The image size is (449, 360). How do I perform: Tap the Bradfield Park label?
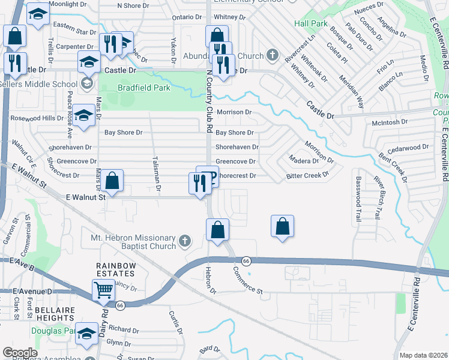pyautogui.click(x=144, y=88)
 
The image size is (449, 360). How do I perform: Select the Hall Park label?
pyautogui.click(x=311, y=23)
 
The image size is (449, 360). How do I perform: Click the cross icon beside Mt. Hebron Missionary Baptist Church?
pyautogui.click(x=185, y=241)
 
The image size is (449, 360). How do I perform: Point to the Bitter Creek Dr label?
pyautogui.click(x=308, y=175)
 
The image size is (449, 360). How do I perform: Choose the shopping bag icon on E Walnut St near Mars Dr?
pyautogui.click(x=112, y=179)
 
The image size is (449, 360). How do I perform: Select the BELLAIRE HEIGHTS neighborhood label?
pyautogui.click(x=55, y=314)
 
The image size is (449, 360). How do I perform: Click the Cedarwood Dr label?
pyautogui.click(x=408, y=146)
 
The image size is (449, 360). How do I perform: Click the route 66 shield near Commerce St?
pyautogui.click(x=246, y=261)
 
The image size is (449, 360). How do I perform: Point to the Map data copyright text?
pyautogui.click(x=423, y=355)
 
